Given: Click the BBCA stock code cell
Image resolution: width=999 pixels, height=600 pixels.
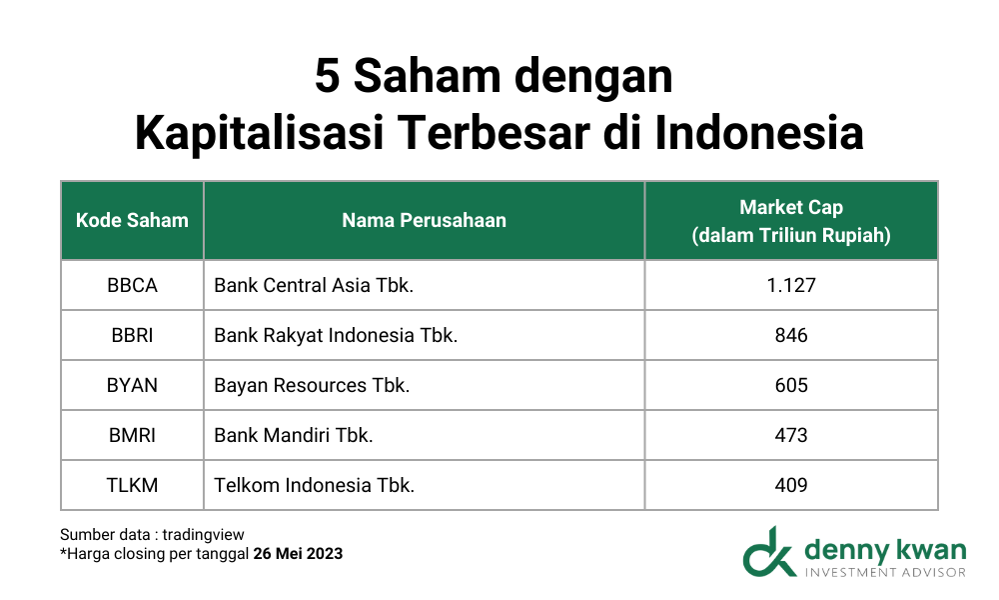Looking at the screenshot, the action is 132,285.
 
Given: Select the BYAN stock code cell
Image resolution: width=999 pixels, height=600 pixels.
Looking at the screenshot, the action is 132,385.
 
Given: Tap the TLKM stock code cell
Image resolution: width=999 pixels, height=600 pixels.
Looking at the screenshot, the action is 132,485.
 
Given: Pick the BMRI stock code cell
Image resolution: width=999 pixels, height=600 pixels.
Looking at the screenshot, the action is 132,435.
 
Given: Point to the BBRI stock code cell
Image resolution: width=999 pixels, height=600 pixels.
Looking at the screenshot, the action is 132,335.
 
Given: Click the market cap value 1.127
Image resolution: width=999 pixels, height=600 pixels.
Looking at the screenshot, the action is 791,285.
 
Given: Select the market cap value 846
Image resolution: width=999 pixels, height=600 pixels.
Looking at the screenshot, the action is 791,335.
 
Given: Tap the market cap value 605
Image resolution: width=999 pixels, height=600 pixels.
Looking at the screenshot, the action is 791,385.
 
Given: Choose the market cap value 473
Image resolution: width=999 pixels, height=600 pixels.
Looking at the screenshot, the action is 791,435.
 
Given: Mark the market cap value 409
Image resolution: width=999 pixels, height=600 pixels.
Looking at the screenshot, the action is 791,485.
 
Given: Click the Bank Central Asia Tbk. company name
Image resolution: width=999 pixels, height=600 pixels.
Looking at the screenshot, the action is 314,285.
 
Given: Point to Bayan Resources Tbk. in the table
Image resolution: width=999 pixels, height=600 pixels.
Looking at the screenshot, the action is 312,385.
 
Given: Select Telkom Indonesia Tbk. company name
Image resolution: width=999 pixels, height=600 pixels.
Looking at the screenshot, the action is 314,485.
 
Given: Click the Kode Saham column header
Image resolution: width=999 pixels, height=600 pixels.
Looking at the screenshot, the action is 132,220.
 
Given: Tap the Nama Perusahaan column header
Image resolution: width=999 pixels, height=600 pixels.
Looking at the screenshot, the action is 425,220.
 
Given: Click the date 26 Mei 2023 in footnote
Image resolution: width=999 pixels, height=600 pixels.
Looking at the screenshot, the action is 298,553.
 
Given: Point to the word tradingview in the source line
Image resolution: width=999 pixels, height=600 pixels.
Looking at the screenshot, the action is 203,534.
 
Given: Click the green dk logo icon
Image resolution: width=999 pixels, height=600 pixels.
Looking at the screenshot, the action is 769,552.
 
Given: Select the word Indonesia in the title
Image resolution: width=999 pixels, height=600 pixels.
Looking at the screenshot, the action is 759,133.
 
